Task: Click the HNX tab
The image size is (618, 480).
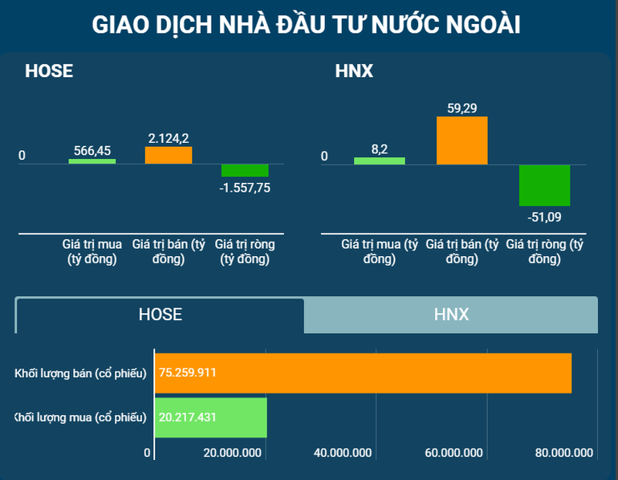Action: (x=451, y=315)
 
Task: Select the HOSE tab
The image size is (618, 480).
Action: (x=161, y=315)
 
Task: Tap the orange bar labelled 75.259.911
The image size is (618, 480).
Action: (x=363, y=372)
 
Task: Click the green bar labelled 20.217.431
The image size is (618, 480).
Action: (x=210, y=417)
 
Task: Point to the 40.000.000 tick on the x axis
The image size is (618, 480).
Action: (x=343, y=453)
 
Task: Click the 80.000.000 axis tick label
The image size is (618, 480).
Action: (x=564, y=453)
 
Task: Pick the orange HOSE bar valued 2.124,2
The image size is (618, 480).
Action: (x=169, y=155)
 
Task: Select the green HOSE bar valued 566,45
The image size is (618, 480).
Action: (x=92, y=161)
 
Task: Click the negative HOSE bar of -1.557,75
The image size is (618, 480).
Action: (x=245, y=170)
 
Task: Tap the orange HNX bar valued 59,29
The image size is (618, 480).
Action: (x=461, y=140)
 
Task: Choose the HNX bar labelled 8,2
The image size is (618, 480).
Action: (x=380, y=161)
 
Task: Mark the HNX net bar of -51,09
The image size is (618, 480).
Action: (x=544, y=185)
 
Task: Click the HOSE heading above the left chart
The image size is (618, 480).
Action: (x=49, y=71)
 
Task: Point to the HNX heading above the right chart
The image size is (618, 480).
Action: (x=354, y=71)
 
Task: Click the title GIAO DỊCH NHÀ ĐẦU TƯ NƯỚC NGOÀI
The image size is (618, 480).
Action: (x=308, y=25)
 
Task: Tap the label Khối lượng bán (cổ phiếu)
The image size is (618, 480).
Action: (x=81, y=373)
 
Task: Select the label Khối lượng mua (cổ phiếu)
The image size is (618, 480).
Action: (x=81, y=417)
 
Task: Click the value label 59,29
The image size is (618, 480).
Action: (x=461, y=108)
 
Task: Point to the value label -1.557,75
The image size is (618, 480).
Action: (x=245, y=188)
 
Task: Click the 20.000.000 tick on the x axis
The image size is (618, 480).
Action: (x=233, y=453)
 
